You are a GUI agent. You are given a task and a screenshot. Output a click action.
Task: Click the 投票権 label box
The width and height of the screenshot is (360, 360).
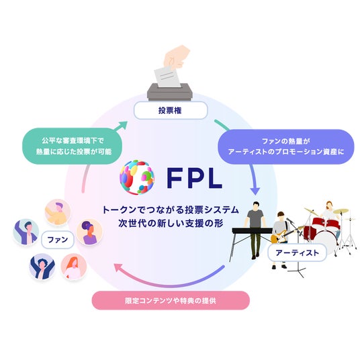click(x=171, y=110)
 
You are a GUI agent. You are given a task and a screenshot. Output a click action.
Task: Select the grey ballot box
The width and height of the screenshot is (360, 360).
click(x=169, y=92)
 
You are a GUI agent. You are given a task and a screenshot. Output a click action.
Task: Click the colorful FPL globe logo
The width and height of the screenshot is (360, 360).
click(x=137, y=177)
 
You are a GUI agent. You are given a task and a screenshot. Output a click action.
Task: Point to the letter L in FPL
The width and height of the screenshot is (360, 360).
click(x=215, y=179)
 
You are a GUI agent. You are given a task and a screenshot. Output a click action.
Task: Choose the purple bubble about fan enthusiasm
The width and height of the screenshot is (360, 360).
click(x=285, y=146)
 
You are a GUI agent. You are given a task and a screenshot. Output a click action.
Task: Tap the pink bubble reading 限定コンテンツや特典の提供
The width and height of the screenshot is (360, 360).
click(x=171, y=300)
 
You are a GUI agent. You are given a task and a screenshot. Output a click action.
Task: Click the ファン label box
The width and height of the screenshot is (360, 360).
click(x=57, y=240)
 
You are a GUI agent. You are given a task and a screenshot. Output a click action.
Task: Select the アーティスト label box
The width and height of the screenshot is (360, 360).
click(x=297, y=253)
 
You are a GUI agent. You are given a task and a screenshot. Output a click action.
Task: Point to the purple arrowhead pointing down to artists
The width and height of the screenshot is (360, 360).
click(x=255, y=191)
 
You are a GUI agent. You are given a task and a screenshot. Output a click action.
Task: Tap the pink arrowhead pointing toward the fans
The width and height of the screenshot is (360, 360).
click(x=118, y=267)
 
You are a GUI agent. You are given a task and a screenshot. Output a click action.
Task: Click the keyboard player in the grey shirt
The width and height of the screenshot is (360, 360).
click(x=255, y=230)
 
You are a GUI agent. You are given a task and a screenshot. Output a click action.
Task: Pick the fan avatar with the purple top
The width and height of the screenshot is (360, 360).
click(x=89, y=232)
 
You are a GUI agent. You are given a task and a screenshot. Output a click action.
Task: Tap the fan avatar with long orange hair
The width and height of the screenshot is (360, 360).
click(x=73, y=267)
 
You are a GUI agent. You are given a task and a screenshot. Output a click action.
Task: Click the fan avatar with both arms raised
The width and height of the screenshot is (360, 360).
click(x=42, y=267)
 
